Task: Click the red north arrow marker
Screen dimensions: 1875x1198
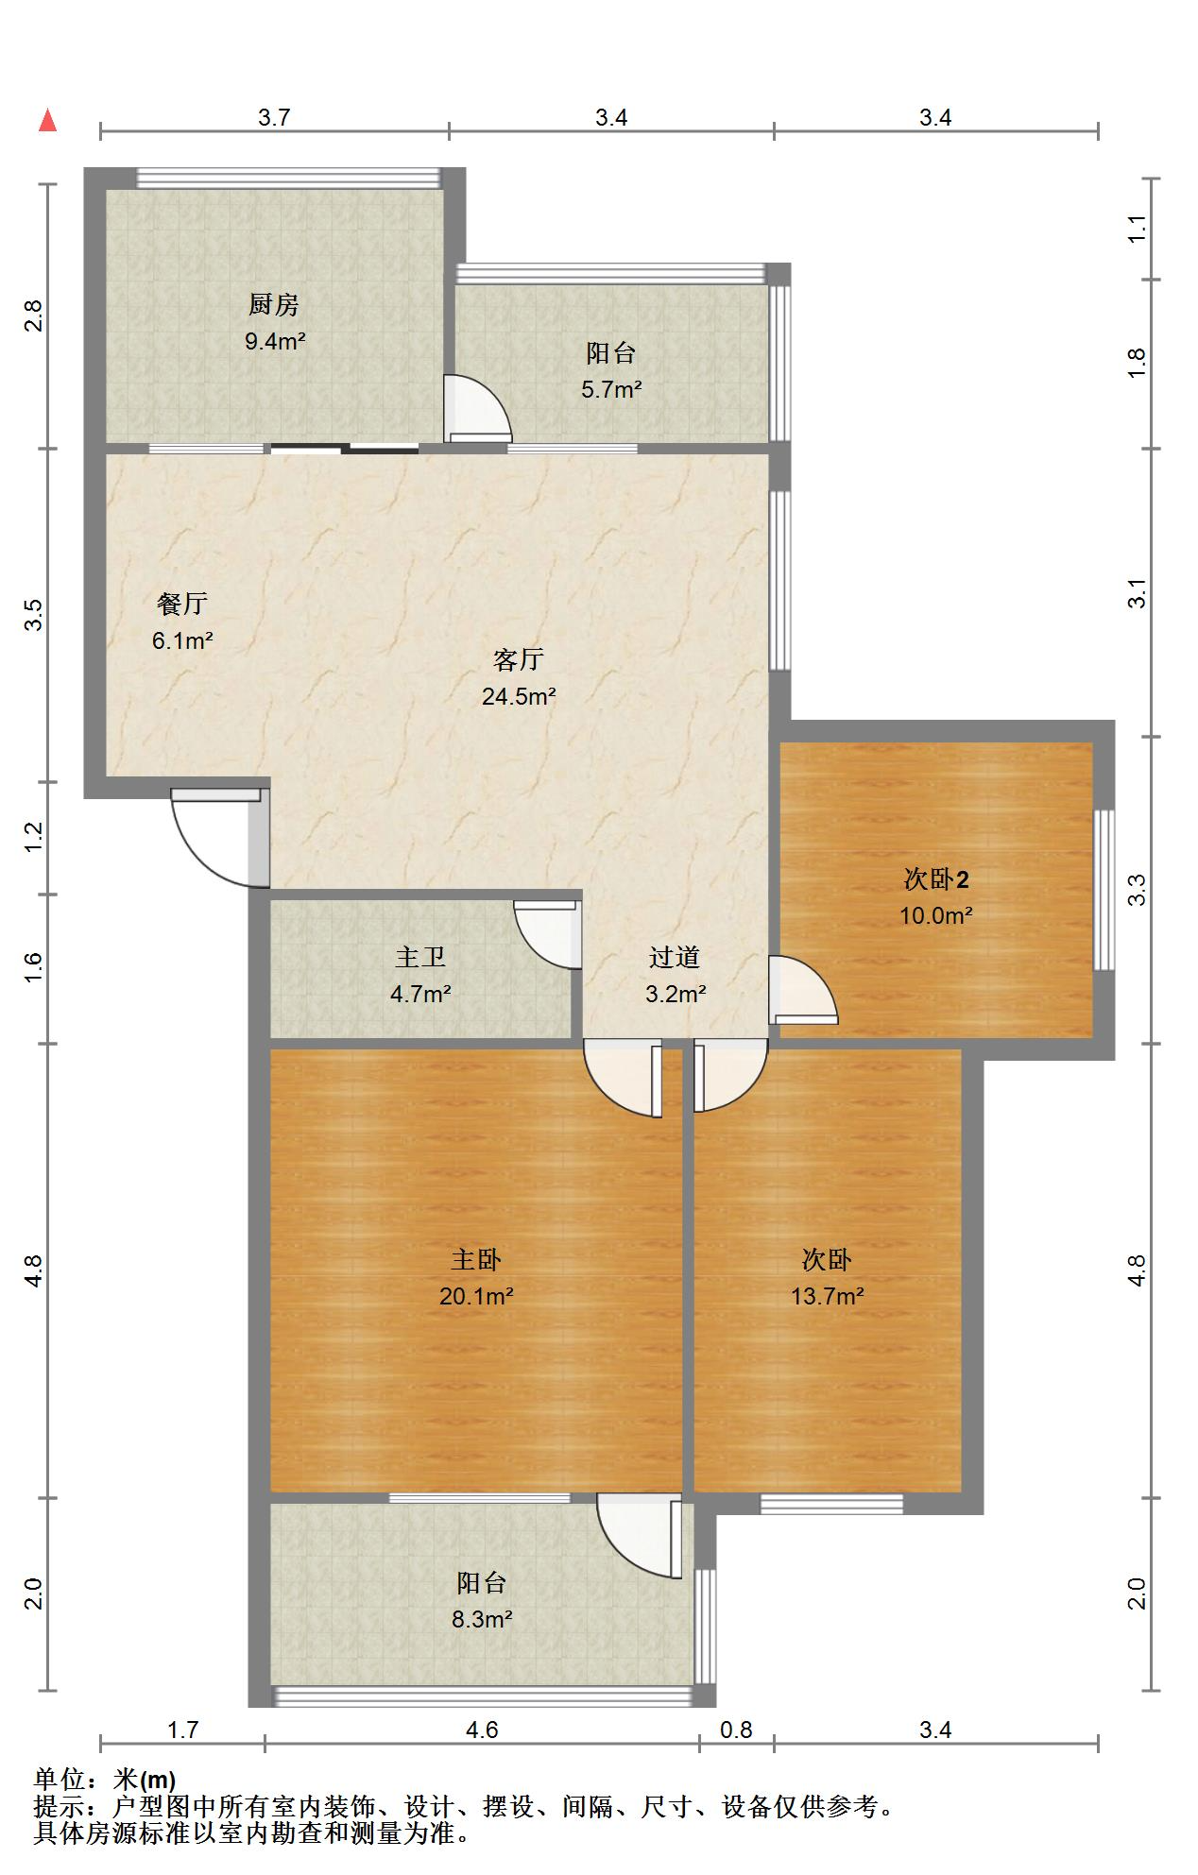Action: pyautogui.click(x=47, y=121)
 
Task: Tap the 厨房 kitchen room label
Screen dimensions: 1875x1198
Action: pyautogui.click(x=274, y=305)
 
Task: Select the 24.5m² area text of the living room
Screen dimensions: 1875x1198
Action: pyautogui.click(x=518, y=697)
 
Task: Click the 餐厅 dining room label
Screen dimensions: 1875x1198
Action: pyautogui.click(x=182, y=604)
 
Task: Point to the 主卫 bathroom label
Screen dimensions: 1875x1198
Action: pyautogui.click(x=420, y=958)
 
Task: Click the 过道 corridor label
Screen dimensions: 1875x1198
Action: pyautogui.click(x=675, y=958)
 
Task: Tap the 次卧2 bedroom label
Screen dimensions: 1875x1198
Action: pyautogui.click(x=935, y=879)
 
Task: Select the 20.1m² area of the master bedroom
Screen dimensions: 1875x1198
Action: pyautogui.click(x=476, y=1296)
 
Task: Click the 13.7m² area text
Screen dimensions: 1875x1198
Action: pyautogui.click(x=827, y=1296)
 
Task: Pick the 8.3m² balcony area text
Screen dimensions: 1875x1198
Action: pyautogui.click(x=482, y=1620)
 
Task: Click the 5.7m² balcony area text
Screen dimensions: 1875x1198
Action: pyautogui.click(x=611, y=389)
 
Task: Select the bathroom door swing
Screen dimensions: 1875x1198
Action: pyautogui.click(x=548, y=935)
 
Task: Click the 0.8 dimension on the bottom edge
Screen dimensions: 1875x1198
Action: pyautogui.click(x=736, y=1730)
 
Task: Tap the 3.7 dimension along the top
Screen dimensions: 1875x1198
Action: pyautogui.click(x=274, y=117)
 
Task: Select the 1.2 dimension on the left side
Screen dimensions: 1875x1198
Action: pyautogui.click(x=34, y=837)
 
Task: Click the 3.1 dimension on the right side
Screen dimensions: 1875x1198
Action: pyautogui.click(x=1137, y=593)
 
